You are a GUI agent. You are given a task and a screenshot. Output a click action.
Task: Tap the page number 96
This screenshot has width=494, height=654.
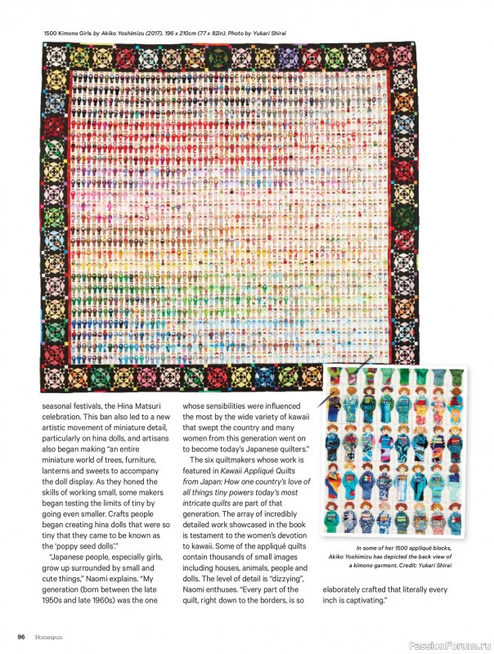23,637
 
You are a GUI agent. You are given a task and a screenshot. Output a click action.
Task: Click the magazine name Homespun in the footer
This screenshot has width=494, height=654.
49,637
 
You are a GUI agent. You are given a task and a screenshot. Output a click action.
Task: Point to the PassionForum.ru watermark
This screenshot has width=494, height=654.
446,637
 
